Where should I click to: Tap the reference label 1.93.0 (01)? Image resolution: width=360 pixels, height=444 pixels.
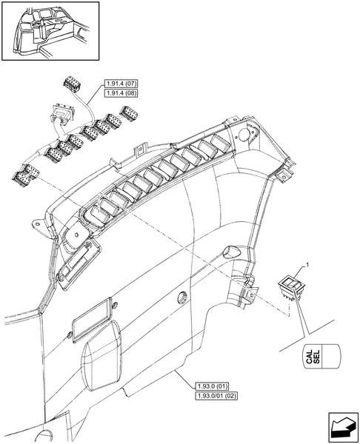[213, 387]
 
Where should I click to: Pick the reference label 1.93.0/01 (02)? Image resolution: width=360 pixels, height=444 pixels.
[216, 397]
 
